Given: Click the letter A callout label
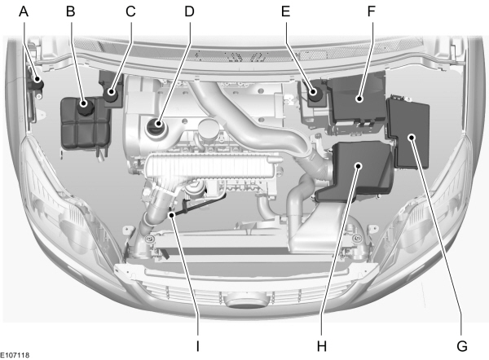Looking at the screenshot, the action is pyautogui.click(x=24, y=11).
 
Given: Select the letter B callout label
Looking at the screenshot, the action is pyautogui.click(x=71, y=11).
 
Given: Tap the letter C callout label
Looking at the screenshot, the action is pyautogui.click(x=130, y=11).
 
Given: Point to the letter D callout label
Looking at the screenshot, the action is pyautogui.click(x=189, y=11).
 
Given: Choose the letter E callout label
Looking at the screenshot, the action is pyautogui.click(x=286, y=11).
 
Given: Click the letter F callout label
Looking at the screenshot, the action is pyautogui.click(x=371, y=11).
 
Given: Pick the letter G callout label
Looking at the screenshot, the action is pyautogui.click(x=462, y=346).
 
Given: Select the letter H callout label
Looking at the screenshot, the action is pyautogui.click(x=322, y=346).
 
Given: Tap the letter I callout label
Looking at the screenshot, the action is pyautogui.click(x=197, y=346).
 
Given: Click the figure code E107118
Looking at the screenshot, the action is pyautogui.click(x=15, y=355).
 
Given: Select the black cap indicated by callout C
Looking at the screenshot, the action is pyautogui.click(x=111, y=94).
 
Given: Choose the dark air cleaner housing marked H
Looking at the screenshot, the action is pyautogui.click(x=355, y=171).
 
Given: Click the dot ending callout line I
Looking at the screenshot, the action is pyautogui.click(x=171, y=215).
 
